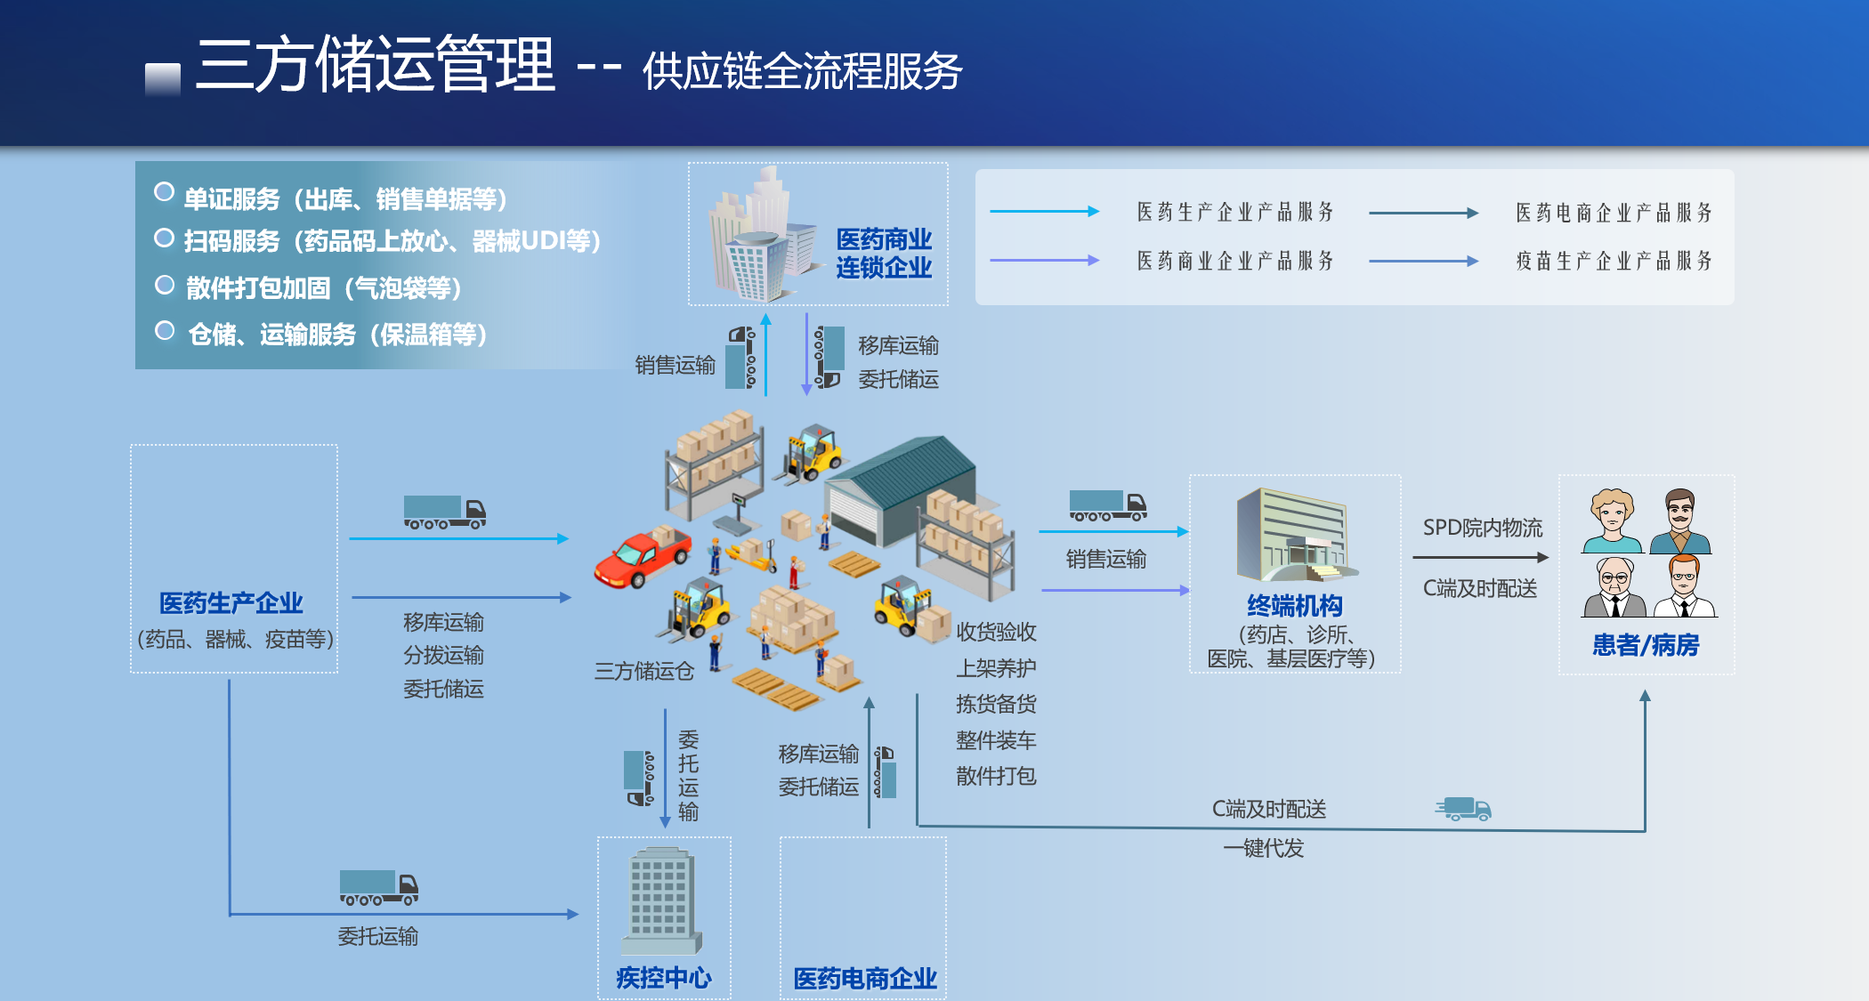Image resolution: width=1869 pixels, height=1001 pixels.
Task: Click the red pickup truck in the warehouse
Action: click(643, 558)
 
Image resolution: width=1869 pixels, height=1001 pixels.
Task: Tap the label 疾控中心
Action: click(664, 978)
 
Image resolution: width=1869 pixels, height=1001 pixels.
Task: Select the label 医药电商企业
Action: click(865, 979)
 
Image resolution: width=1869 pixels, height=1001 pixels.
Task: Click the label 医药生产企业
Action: click(231, 603)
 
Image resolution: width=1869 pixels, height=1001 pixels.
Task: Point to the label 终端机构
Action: click(1295, 606)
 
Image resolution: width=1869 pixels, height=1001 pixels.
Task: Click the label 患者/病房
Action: click(1646, 645)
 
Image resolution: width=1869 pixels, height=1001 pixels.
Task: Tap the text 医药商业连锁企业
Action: click(884, 253)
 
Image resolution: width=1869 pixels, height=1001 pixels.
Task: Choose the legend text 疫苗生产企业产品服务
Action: click(1614, 261)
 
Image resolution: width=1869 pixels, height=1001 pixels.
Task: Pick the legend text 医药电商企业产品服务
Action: click(1614, 213)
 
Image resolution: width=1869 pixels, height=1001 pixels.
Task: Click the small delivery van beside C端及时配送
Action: click(1464, 808)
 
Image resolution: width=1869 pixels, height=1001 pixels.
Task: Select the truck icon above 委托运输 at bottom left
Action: click(379, 887)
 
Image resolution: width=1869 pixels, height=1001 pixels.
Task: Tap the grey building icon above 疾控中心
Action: click(661, 900)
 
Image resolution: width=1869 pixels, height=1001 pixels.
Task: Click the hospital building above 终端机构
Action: click(1294, 534)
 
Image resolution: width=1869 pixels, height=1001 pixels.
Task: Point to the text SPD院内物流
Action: click(1483, 528)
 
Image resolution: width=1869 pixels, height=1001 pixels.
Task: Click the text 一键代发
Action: click(1263, 848)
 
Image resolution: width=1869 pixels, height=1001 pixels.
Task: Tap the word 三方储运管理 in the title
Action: click(376, 64)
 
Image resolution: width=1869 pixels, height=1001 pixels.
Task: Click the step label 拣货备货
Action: click(996, 704)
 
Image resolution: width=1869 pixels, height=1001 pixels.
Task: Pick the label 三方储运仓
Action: click(644, 671)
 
